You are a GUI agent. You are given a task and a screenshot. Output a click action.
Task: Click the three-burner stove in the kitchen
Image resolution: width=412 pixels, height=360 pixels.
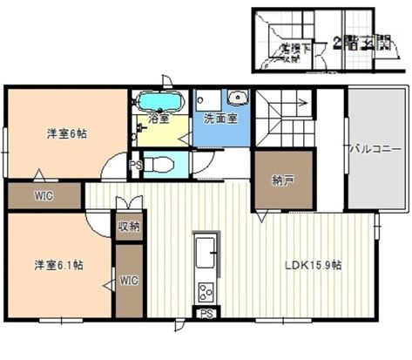coord(206,290)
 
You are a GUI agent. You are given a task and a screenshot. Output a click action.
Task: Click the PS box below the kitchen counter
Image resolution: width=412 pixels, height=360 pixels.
coord(206,314)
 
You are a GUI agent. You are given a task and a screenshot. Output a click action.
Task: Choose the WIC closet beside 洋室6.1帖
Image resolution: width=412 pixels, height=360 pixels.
coord(129,280)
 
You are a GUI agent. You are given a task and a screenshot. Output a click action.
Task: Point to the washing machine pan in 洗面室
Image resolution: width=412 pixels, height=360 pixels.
coord(209,98)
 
